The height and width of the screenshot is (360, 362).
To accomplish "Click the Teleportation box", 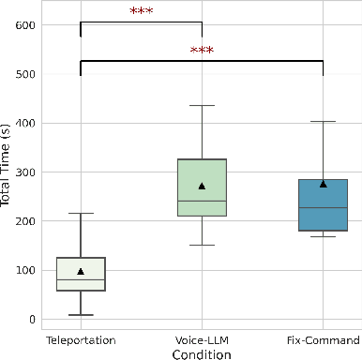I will pos(81,274).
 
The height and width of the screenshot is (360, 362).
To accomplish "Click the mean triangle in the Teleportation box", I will pos(81,271).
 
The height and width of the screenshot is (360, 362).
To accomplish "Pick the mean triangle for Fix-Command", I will pos(323,184).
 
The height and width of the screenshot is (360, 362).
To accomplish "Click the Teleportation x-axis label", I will pos(81,338).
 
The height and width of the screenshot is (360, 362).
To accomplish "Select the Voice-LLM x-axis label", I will pos(202,338).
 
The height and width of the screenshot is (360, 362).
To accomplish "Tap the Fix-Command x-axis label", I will pos(323,338).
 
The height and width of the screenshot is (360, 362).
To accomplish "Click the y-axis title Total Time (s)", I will pos(8,172).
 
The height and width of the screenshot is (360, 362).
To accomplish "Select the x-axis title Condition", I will pos(201,353).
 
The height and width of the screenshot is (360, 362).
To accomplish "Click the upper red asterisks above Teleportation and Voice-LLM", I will pos(141,12).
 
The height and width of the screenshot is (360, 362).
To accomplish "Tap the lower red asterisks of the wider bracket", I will pos(202,51).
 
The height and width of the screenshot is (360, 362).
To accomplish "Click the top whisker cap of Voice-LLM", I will pos(202,106).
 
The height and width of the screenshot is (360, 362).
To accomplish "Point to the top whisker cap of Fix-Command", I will pos(323,121).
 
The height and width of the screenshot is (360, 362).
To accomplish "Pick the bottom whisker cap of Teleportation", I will pos(81,315).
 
